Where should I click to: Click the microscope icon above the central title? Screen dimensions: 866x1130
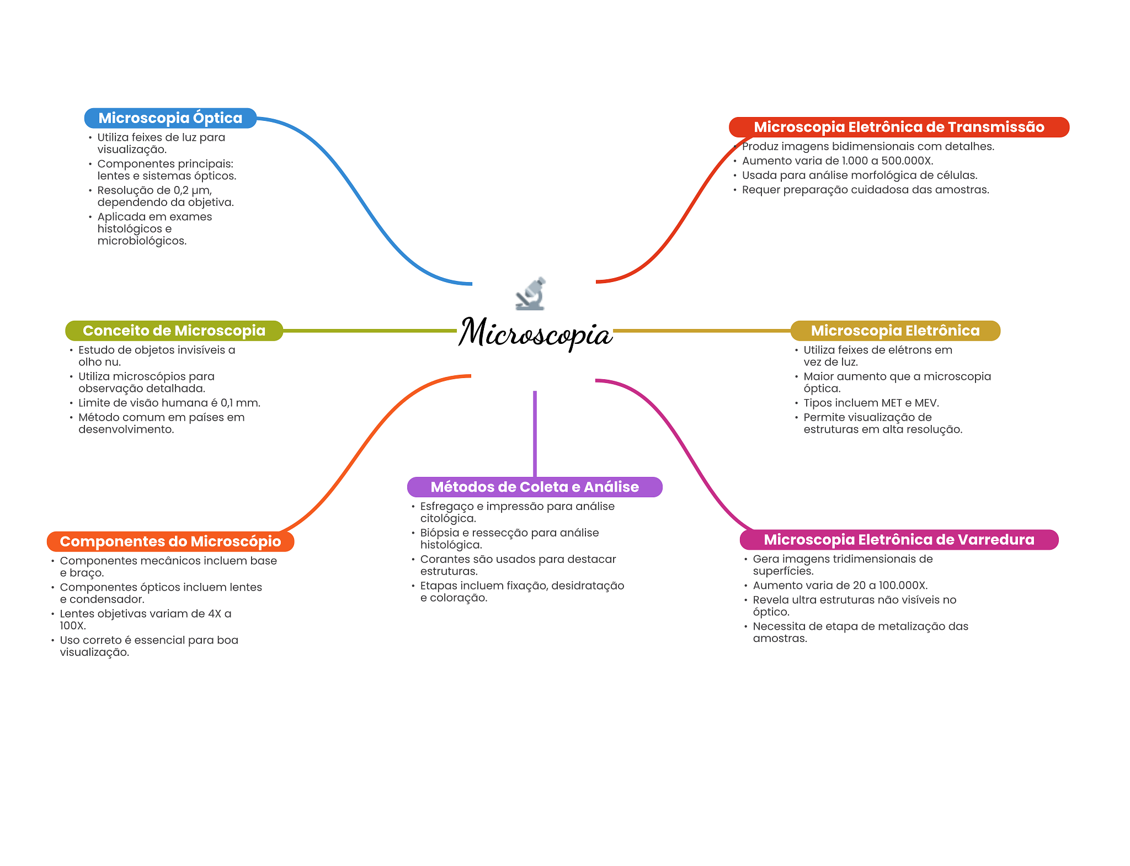coord(531,294)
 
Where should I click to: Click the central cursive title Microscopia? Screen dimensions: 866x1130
coord(535,333)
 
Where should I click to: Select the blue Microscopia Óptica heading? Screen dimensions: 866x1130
coord(170,118)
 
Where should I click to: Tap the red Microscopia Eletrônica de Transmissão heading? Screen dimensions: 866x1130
coord(898,127)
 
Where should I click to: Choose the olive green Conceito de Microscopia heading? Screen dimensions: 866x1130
coord(174,331)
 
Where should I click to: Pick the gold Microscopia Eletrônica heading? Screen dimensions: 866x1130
coord(895,331)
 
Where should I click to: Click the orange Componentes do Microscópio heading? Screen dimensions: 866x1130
coord(170,541)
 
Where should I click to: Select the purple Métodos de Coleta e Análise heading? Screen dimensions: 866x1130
coord(534,487)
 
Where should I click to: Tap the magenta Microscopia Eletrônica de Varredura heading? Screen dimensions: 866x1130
coord(898,540)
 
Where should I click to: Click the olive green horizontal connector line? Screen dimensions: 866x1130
coord(370,331)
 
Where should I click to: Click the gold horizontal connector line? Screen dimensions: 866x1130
coord(701,331)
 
